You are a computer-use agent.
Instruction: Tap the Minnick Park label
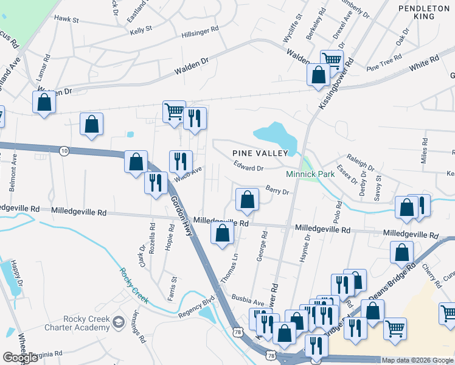[311, 174]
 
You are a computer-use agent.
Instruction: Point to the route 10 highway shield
[64, 150]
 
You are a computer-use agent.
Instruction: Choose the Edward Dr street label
[248, 166]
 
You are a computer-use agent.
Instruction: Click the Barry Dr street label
[276, 190]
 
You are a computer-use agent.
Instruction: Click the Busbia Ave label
[248, 299]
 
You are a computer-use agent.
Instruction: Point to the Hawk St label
[67, 19]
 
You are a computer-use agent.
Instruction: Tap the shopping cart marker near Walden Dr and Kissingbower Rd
[331, 60]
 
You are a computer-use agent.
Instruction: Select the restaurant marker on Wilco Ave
[181, 161]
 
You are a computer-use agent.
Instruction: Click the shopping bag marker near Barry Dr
[247, 199]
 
